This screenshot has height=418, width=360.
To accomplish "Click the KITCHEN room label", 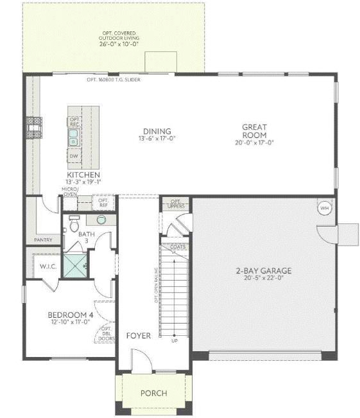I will tap(83, 175).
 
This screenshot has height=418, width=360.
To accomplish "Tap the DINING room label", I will tap(157, 131).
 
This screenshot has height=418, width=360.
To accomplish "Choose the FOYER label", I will tap(138, 336).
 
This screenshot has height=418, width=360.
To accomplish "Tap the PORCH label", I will tap(153, 393).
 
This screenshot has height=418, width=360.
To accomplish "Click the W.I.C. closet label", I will tap(48, 266).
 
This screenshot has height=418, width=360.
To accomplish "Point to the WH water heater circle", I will tap(324, 208).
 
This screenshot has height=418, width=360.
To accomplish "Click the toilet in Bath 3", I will tap(73, 225).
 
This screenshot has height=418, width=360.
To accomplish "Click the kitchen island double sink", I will tap(74, 137).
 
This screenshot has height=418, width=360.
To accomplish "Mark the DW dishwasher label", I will tap(74, 156).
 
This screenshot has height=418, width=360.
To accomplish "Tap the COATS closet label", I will tap(178, 247).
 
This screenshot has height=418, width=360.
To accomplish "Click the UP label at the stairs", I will tap(174, 340).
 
